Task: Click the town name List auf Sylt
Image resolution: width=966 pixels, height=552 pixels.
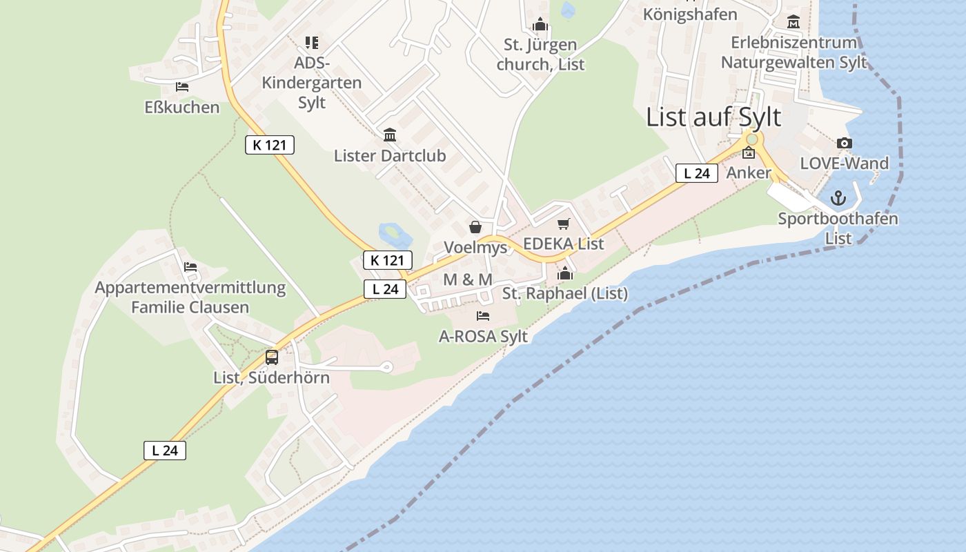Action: coord(713,117)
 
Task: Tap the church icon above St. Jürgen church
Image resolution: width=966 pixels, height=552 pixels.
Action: coord(540,26)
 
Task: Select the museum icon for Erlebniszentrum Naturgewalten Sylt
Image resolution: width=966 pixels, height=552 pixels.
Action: coord(793,22)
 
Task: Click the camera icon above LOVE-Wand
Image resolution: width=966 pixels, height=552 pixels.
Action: coord(844,144)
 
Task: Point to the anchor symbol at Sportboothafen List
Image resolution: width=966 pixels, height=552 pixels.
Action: coord(838,199)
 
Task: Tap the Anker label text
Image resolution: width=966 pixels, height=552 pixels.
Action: coord(749,172)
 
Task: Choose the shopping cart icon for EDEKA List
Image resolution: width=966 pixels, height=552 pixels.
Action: coord(564,224)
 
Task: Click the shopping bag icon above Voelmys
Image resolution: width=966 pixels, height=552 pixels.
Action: coord(475,227)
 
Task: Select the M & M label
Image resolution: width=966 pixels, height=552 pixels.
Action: coord(468,279)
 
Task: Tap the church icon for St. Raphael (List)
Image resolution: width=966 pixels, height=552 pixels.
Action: coord(565,273)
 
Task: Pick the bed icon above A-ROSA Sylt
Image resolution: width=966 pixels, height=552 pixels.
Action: coord(483,316)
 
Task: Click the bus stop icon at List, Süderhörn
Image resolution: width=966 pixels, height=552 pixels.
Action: coord(272,357)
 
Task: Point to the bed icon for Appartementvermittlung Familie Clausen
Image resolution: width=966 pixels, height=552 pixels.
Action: coord(190,267)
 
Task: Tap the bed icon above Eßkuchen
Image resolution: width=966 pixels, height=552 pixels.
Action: coord(182,87)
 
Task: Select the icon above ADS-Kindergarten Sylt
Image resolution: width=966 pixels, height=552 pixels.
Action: coord(312,43)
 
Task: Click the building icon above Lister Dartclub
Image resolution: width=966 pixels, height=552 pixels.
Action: coord(390,135)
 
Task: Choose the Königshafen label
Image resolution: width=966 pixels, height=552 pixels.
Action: coord(690,14)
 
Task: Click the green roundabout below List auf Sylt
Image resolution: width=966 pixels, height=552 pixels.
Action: coord(751,139)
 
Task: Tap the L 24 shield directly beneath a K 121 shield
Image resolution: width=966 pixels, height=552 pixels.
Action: coord(385,289)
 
